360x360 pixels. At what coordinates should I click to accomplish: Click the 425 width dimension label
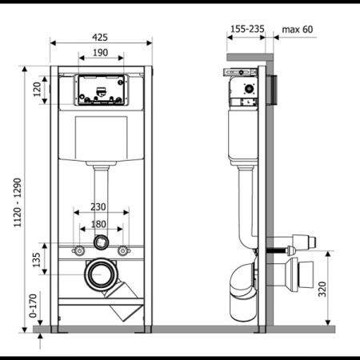[100, 38]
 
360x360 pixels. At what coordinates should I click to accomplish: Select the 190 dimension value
[100, 53]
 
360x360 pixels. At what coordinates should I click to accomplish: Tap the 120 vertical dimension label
[37, 90]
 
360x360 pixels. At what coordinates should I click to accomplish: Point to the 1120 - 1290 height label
[18, 202]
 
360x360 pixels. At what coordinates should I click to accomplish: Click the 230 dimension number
[98, 206]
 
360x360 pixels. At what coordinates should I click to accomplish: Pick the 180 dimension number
[98, 224]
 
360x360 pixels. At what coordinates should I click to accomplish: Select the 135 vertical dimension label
[36, 260]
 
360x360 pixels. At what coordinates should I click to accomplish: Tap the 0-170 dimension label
[33, 306]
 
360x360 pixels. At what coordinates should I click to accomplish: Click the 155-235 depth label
[247, 29]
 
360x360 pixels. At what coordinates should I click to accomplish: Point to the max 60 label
[298, 30]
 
